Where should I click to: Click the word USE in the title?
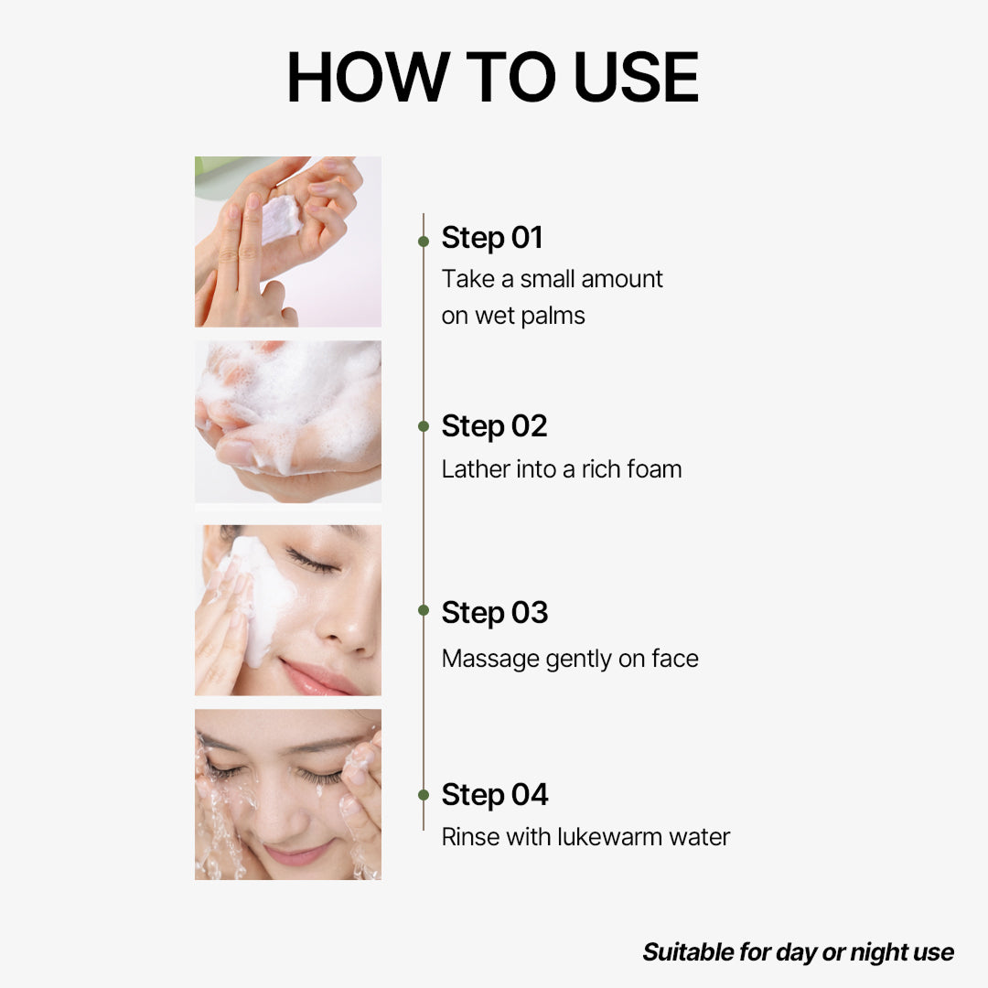[x=636, y=78]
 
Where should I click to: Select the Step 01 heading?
[x=492, y=238]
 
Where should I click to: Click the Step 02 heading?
[x=494, y=426]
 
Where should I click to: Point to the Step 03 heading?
[x=494, y=613]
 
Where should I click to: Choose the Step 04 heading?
[x=494, y=795]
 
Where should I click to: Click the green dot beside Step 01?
[x=424, y=242]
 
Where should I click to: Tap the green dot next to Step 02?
[x=424, y=426]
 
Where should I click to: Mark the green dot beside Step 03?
[x=424, y=610]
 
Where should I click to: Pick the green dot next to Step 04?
[x=424, y=795]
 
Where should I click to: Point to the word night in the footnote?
[x=877, y=952]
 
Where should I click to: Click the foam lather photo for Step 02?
[x=288, y=422]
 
